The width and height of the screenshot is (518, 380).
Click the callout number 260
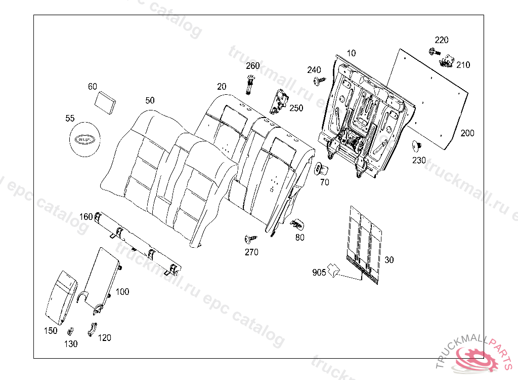pos(253,66)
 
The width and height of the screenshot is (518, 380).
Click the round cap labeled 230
pos(417,146)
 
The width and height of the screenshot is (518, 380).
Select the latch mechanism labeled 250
pos(280,100)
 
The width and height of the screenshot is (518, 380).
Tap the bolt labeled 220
pos(434,51)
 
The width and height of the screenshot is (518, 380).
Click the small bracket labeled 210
pos(445,62)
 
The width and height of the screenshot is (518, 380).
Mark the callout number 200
pos(467,133)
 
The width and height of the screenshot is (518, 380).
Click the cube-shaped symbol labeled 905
pos(333,270)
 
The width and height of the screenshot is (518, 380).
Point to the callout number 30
pos(389,260)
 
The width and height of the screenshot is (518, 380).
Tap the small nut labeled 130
pos(69,332)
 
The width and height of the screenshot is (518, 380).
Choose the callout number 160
pos(86,217)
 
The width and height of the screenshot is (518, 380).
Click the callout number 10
pos(351,53)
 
